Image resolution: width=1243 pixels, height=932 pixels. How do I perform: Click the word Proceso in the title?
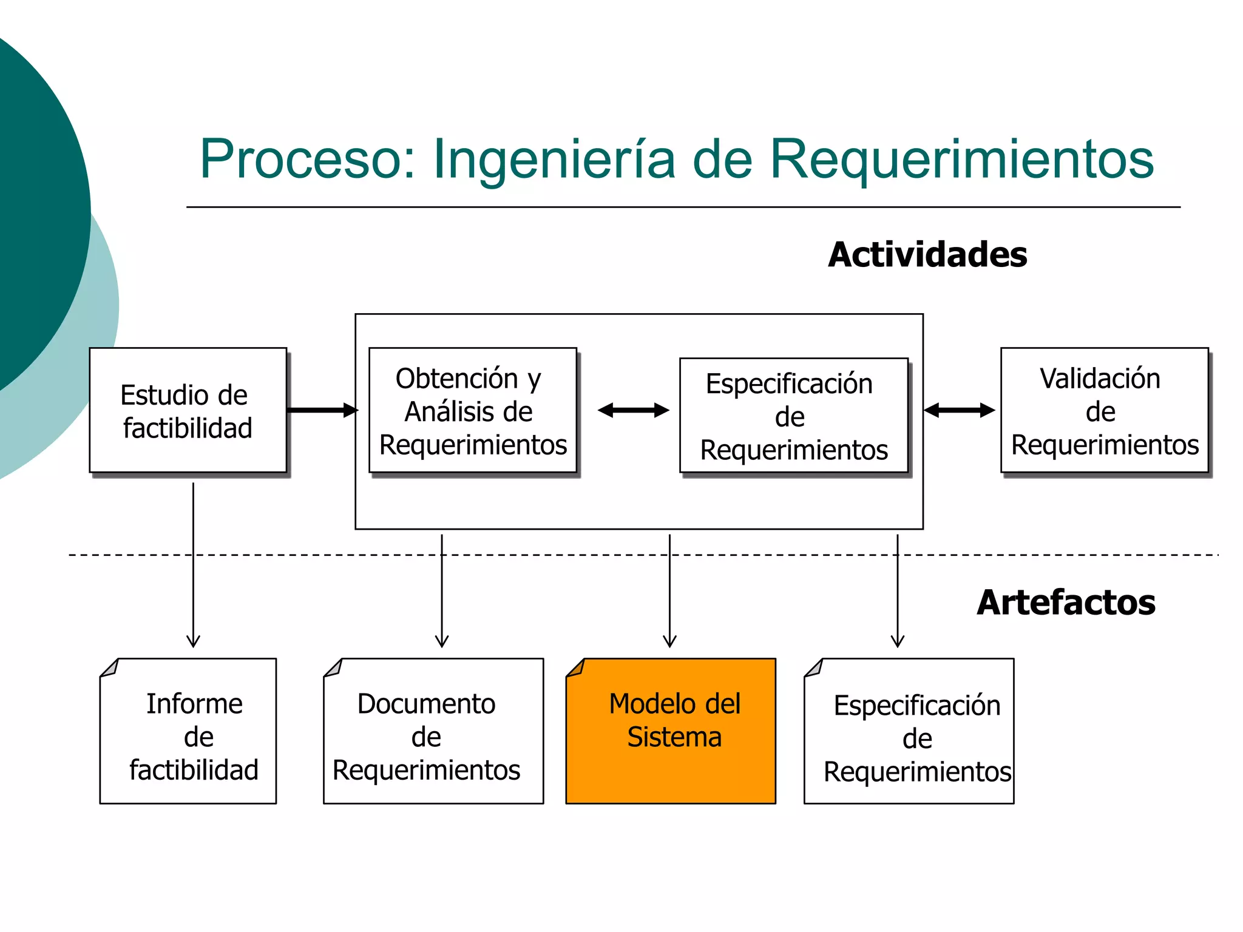coord(307,159)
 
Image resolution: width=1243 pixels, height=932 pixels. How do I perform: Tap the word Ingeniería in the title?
coord(554,160)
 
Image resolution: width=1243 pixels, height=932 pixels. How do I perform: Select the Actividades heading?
coord(927,255)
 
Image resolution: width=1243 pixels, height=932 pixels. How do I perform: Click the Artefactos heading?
coord(1066,603)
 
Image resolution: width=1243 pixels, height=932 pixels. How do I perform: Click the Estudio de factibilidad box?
coord(188,411)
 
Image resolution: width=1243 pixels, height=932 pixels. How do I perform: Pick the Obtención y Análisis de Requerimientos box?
coord(473,411)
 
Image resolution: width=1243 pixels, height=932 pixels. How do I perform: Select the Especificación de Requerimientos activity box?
coord(793,416)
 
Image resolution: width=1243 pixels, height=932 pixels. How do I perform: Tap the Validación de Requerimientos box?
coord(1104,411)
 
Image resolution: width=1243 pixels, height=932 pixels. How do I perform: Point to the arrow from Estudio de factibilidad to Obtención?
coord(322,410)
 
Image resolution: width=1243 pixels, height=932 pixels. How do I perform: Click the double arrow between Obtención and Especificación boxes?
coord(633,411)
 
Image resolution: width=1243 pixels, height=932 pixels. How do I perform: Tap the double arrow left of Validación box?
coord(959,411)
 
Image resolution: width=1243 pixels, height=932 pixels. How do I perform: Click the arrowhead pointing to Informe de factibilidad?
coord(193,641)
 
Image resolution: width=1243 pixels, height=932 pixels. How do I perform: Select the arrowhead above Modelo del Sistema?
coord(669,641)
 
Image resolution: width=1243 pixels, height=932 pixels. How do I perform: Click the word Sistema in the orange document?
coord(674,738)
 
